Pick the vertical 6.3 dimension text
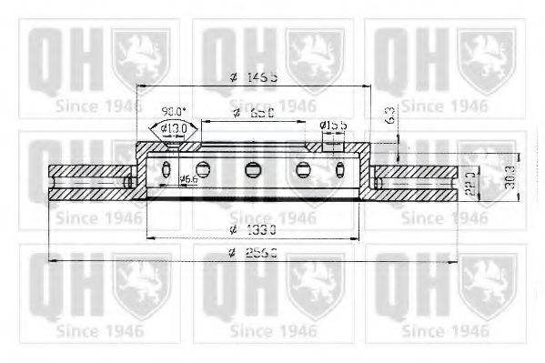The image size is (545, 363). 389,115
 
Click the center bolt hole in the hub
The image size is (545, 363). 253,168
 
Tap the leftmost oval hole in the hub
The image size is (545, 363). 166,168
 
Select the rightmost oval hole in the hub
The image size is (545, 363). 341,168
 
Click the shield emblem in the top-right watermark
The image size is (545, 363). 484,56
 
